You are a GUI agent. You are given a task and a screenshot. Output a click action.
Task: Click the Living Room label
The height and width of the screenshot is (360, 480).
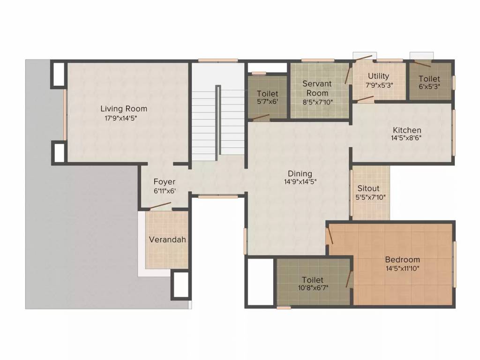(x=124, y=109)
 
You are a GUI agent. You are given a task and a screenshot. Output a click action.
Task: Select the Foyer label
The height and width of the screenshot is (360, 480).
(x=165, y=181)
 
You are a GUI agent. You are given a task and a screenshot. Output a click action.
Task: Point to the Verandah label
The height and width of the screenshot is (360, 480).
(x=167, y=240)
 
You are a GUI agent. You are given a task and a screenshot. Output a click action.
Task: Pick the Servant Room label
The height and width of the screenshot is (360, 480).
(x=317, y=88)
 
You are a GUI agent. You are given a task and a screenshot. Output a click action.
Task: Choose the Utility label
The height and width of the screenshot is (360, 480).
(x=378, y=76)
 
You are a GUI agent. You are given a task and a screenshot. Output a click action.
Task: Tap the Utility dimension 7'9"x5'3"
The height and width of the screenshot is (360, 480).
(x=379, y=85)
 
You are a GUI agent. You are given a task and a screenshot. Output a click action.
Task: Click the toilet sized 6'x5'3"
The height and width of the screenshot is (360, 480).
(x=429, y=82)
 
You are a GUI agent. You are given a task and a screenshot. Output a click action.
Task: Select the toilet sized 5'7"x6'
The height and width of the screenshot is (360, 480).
(x=268, y=97)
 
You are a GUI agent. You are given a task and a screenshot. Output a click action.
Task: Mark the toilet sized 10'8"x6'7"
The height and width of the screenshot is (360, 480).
(x=313, y=284)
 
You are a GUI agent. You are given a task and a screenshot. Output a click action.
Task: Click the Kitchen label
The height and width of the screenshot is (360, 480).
(x=407, y=130)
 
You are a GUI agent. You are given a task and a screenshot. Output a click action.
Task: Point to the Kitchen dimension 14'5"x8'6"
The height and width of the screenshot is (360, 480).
(x=407, y=139)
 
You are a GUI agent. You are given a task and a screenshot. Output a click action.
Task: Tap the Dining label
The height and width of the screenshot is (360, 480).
(x=300, y=173)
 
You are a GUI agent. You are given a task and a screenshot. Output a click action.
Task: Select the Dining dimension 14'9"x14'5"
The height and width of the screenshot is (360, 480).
(x=300, y=182)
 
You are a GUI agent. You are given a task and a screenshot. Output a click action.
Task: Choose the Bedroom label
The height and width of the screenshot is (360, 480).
(x=402, y=259)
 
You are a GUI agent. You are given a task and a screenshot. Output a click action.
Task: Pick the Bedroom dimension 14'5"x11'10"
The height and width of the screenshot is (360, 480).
(x=402, y=269)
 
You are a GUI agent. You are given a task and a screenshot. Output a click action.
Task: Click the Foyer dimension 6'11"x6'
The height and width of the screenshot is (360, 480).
(x=165, y=191)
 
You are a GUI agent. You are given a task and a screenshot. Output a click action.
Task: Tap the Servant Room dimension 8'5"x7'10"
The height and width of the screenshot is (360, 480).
(x=317, y=101)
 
